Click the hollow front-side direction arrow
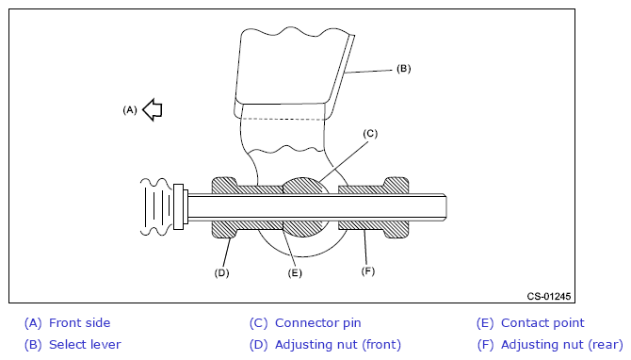coord(153,109)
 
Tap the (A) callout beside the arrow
coord(130,110)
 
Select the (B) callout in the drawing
coord(404,69)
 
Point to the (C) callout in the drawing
coord(370,134)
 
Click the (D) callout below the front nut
coord(221,273)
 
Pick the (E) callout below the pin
coord(295,273)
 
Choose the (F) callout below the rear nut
coord(368,271)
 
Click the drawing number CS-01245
coord(549,296)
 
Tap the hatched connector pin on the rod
coord(303,186)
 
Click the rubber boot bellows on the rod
coord(156,206)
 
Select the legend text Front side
coord(80,323)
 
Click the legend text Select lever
coord(85,345)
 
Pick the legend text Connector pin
coord(318,323)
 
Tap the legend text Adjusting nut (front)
coord(338,345)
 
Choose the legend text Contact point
coord(542,323)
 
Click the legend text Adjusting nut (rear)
coord(562,345)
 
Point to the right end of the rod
coord(446,207)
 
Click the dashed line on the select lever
coord(283,119)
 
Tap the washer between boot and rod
coord(178,206)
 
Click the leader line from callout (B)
coord(368,72)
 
